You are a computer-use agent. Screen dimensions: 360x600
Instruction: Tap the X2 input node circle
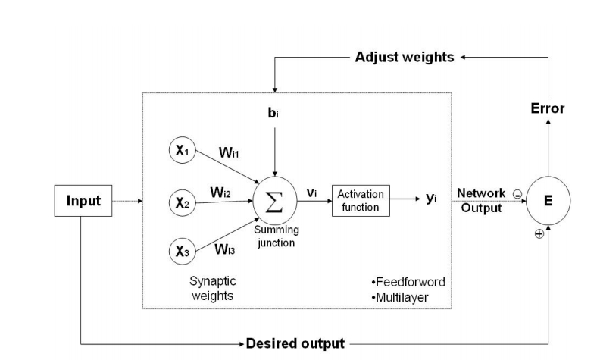(x=183, y=202)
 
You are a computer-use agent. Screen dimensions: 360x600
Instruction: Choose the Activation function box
(x=360, y=201)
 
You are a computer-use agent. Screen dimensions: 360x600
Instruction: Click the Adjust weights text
(x=405, y=58)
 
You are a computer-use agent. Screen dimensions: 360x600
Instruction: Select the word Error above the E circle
(x=546, y=108)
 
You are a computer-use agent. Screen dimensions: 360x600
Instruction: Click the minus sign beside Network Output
(x=517, y=194)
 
